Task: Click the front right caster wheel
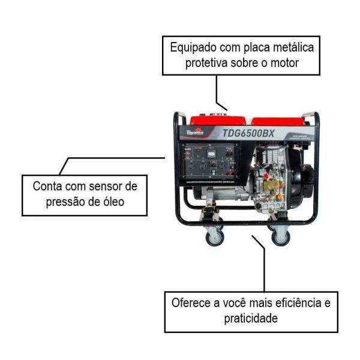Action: [280, 236]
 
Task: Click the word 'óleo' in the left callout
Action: [112, 202]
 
